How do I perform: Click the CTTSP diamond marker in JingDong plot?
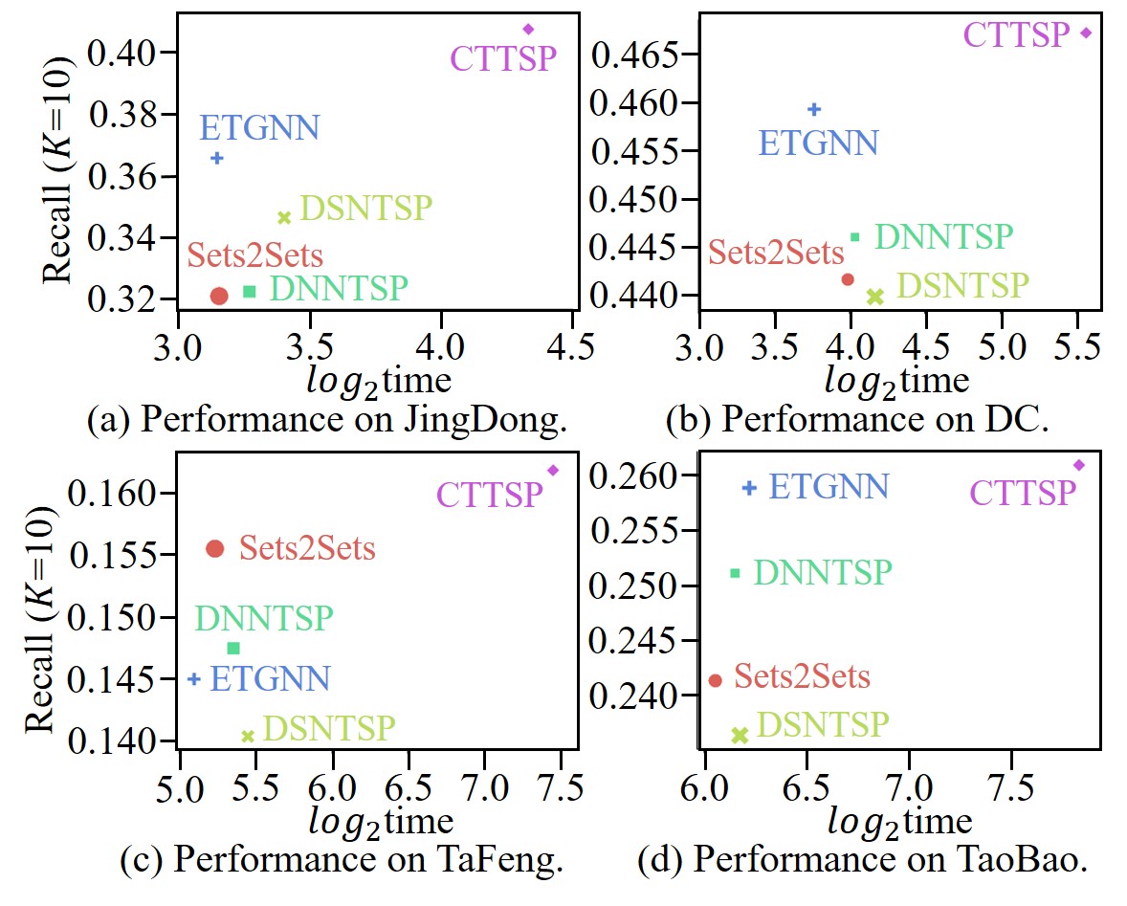tap(528, 29)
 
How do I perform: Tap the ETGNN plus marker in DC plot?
tap(814, 109)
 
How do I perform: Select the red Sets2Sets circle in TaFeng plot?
tap(215, 548)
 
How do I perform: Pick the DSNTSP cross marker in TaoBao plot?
tap(739, 735)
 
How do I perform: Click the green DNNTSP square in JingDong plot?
tap(250, 291)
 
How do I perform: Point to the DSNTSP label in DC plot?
tap(962, 285)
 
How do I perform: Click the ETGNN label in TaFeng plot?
tap(270, 679)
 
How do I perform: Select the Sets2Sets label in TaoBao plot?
tap(802, 677)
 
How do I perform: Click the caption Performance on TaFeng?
tap(340, 861)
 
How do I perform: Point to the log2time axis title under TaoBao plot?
tap(899, 822)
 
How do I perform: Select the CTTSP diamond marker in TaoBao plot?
tap(1079, 465)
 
